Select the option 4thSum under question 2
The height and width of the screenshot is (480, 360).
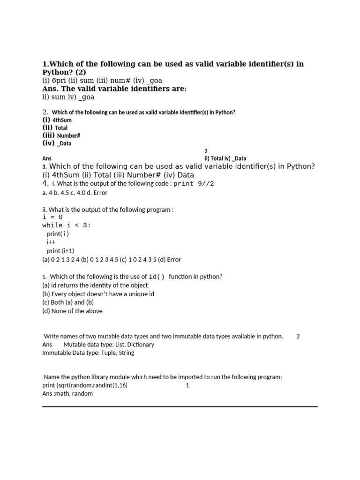coord(62,120)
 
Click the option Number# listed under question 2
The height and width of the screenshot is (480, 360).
coord(69,135)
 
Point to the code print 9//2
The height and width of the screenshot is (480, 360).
coord(194,184)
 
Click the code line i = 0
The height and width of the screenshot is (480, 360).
coord(52,217)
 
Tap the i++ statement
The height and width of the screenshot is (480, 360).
coord(51,242)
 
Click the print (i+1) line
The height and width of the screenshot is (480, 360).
coord(60,251)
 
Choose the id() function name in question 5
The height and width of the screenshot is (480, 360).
coord(157,277)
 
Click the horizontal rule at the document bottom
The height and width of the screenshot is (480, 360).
coord(180,407)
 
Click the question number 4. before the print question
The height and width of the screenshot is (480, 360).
coord(45,183)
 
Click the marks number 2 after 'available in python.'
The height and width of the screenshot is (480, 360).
coord(298,337)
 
